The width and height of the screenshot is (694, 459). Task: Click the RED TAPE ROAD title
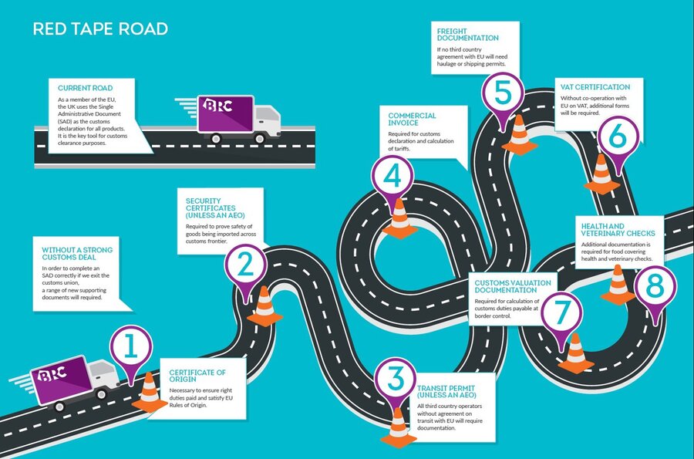(x=100, y=30)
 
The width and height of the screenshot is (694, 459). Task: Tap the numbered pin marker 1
(x=131, y=348)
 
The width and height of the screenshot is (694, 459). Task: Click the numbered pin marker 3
(x=396, y=379)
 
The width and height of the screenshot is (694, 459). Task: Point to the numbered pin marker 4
(x=392, y=177)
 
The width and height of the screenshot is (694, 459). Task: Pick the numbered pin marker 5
(x=503, y=93)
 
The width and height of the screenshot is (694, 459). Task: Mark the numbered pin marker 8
(x=654, y=286)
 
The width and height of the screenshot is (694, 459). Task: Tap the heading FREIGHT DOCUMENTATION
(x=467, y=34)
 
